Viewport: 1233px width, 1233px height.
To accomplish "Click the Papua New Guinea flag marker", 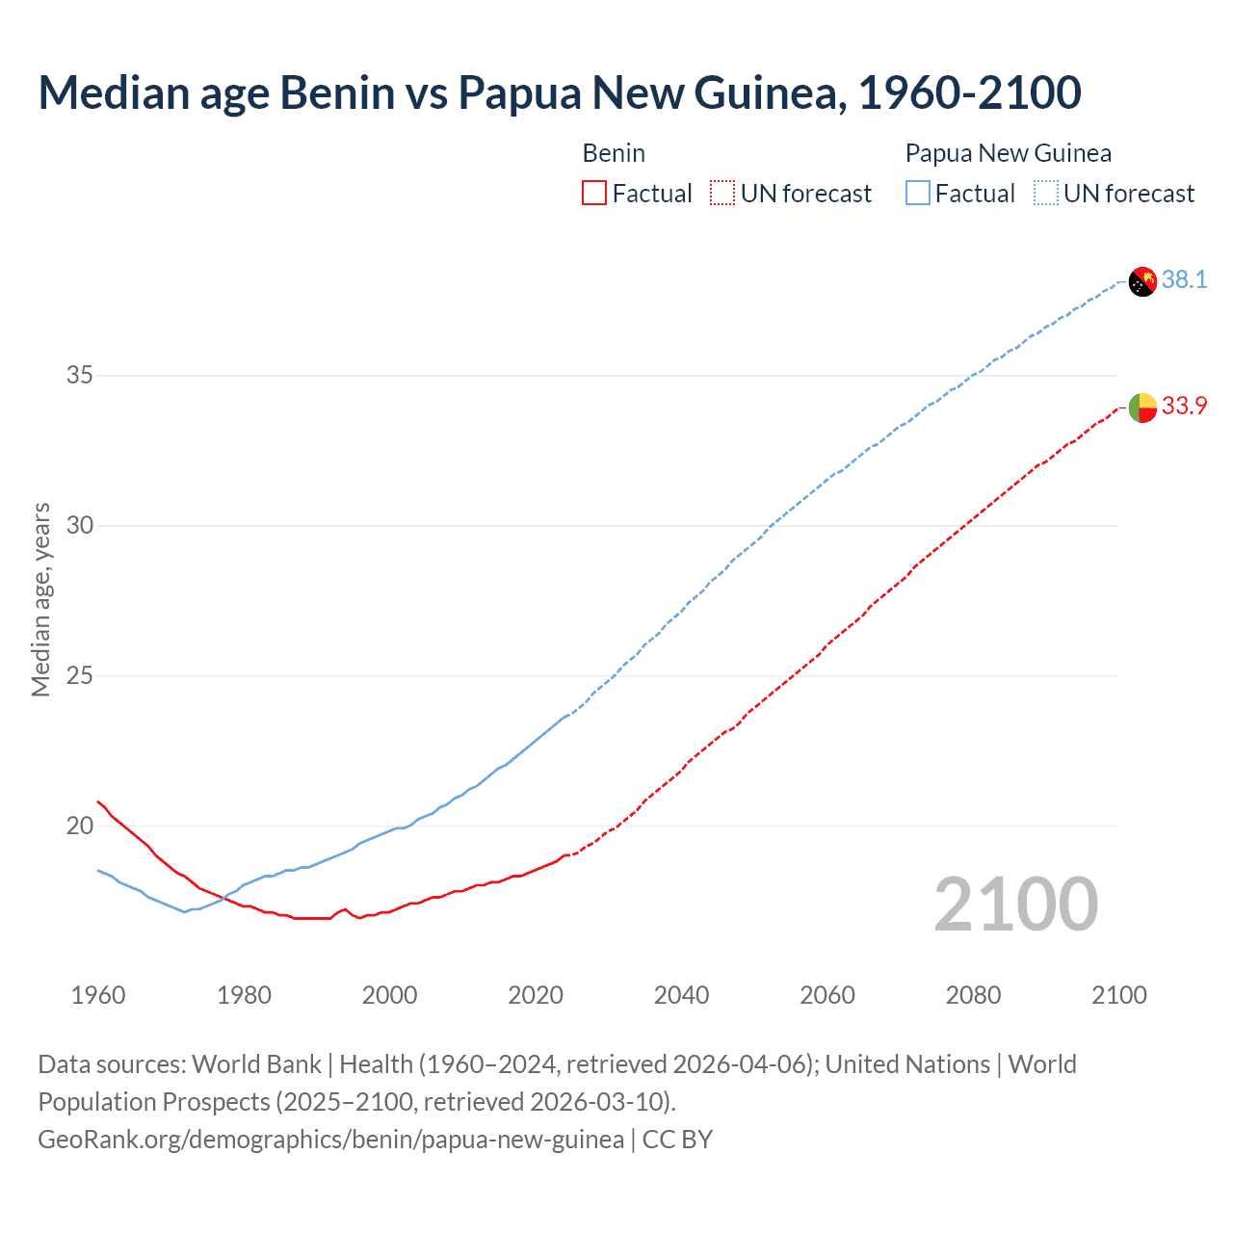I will [1142, 282].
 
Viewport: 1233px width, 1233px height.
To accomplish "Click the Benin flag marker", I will [1142, 407].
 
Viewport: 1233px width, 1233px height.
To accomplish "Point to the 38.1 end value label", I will [1184, 279].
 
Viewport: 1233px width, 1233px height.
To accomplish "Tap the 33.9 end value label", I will [1184, 406].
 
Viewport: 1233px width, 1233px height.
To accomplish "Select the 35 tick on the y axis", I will [79, 375].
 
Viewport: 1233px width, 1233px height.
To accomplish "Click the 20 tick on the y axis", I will [79, 826].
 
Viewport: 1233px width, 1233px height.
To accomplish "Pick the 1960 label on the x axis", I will [98, 995].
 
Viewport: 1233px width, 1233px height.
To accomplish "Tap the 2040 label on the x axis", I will [681, 995].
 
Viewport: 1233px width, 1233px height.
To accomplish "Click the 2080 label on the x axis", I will [973, 995].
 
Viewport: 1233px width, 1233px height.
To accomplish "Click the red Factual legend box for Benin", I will [594, 194].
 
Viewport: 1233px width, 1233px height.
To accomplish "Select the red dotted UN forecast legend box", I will [722, 194].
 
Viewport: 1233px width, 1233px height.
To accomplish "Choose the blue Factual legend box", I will [918, 194].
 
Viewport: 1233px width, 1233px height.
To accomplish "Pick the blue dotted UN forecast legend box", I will [1046, 194].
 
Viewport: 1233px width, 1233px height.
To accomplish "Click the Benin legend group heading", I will [614, 153].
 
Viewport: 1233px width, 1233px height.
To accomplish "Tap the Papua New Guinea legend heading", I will [1008, 153].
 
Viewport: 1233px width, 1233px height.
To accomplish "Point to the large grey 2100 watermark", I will [1015, 904].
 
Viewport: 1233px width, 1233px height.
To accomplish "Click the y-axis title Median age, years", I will [40, 599].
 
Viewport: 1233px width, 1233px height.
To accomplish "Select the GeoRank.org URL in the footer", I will [330, 1140].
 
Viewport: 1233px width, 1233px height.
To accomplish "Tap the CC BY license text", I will [677, 1140].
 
